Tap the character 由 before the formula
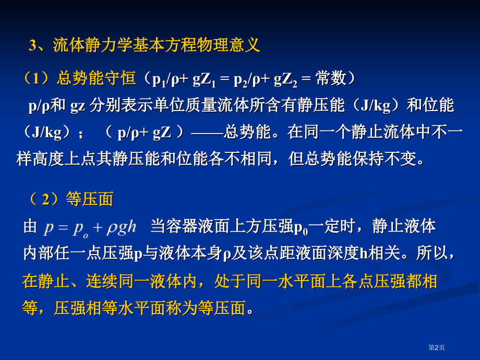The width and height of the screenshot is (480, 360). pyautogui.click(x=30, y=227)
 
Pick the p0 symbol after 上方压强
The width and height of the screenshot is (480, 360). pyautogui.click(x=302, y=227)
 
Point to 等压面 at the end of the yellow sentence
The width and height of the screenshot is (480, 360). pyautogui.click(x=223, y=308)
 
